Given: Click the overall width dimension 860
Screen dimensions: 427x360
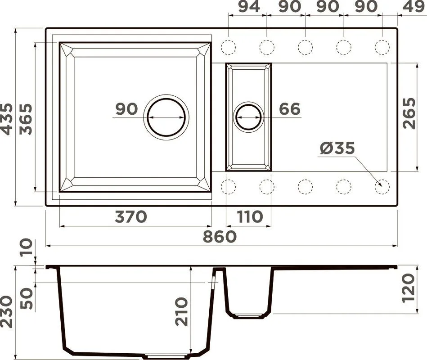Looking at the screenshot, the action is [220, 236].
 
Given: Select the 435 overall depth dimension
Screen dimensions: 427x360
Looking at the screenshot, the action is [7, 119].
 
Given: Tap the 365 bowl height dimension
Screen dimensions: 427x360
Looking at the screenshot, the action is [26, 119].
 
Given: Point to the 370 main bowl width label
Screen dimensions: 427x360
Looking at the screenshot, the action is [131, 216].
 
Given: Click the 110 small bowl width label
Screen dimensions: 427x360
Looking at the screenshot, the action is [250, 217].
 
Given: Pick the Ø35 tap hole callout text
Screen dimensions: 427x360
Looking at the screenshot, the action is [337, 148].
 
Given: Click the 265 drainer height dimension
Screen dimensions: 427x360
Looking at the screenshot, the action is [409, 113].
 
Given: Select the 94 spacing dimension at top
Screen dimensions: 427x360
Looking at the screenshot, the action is [249, 7].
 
